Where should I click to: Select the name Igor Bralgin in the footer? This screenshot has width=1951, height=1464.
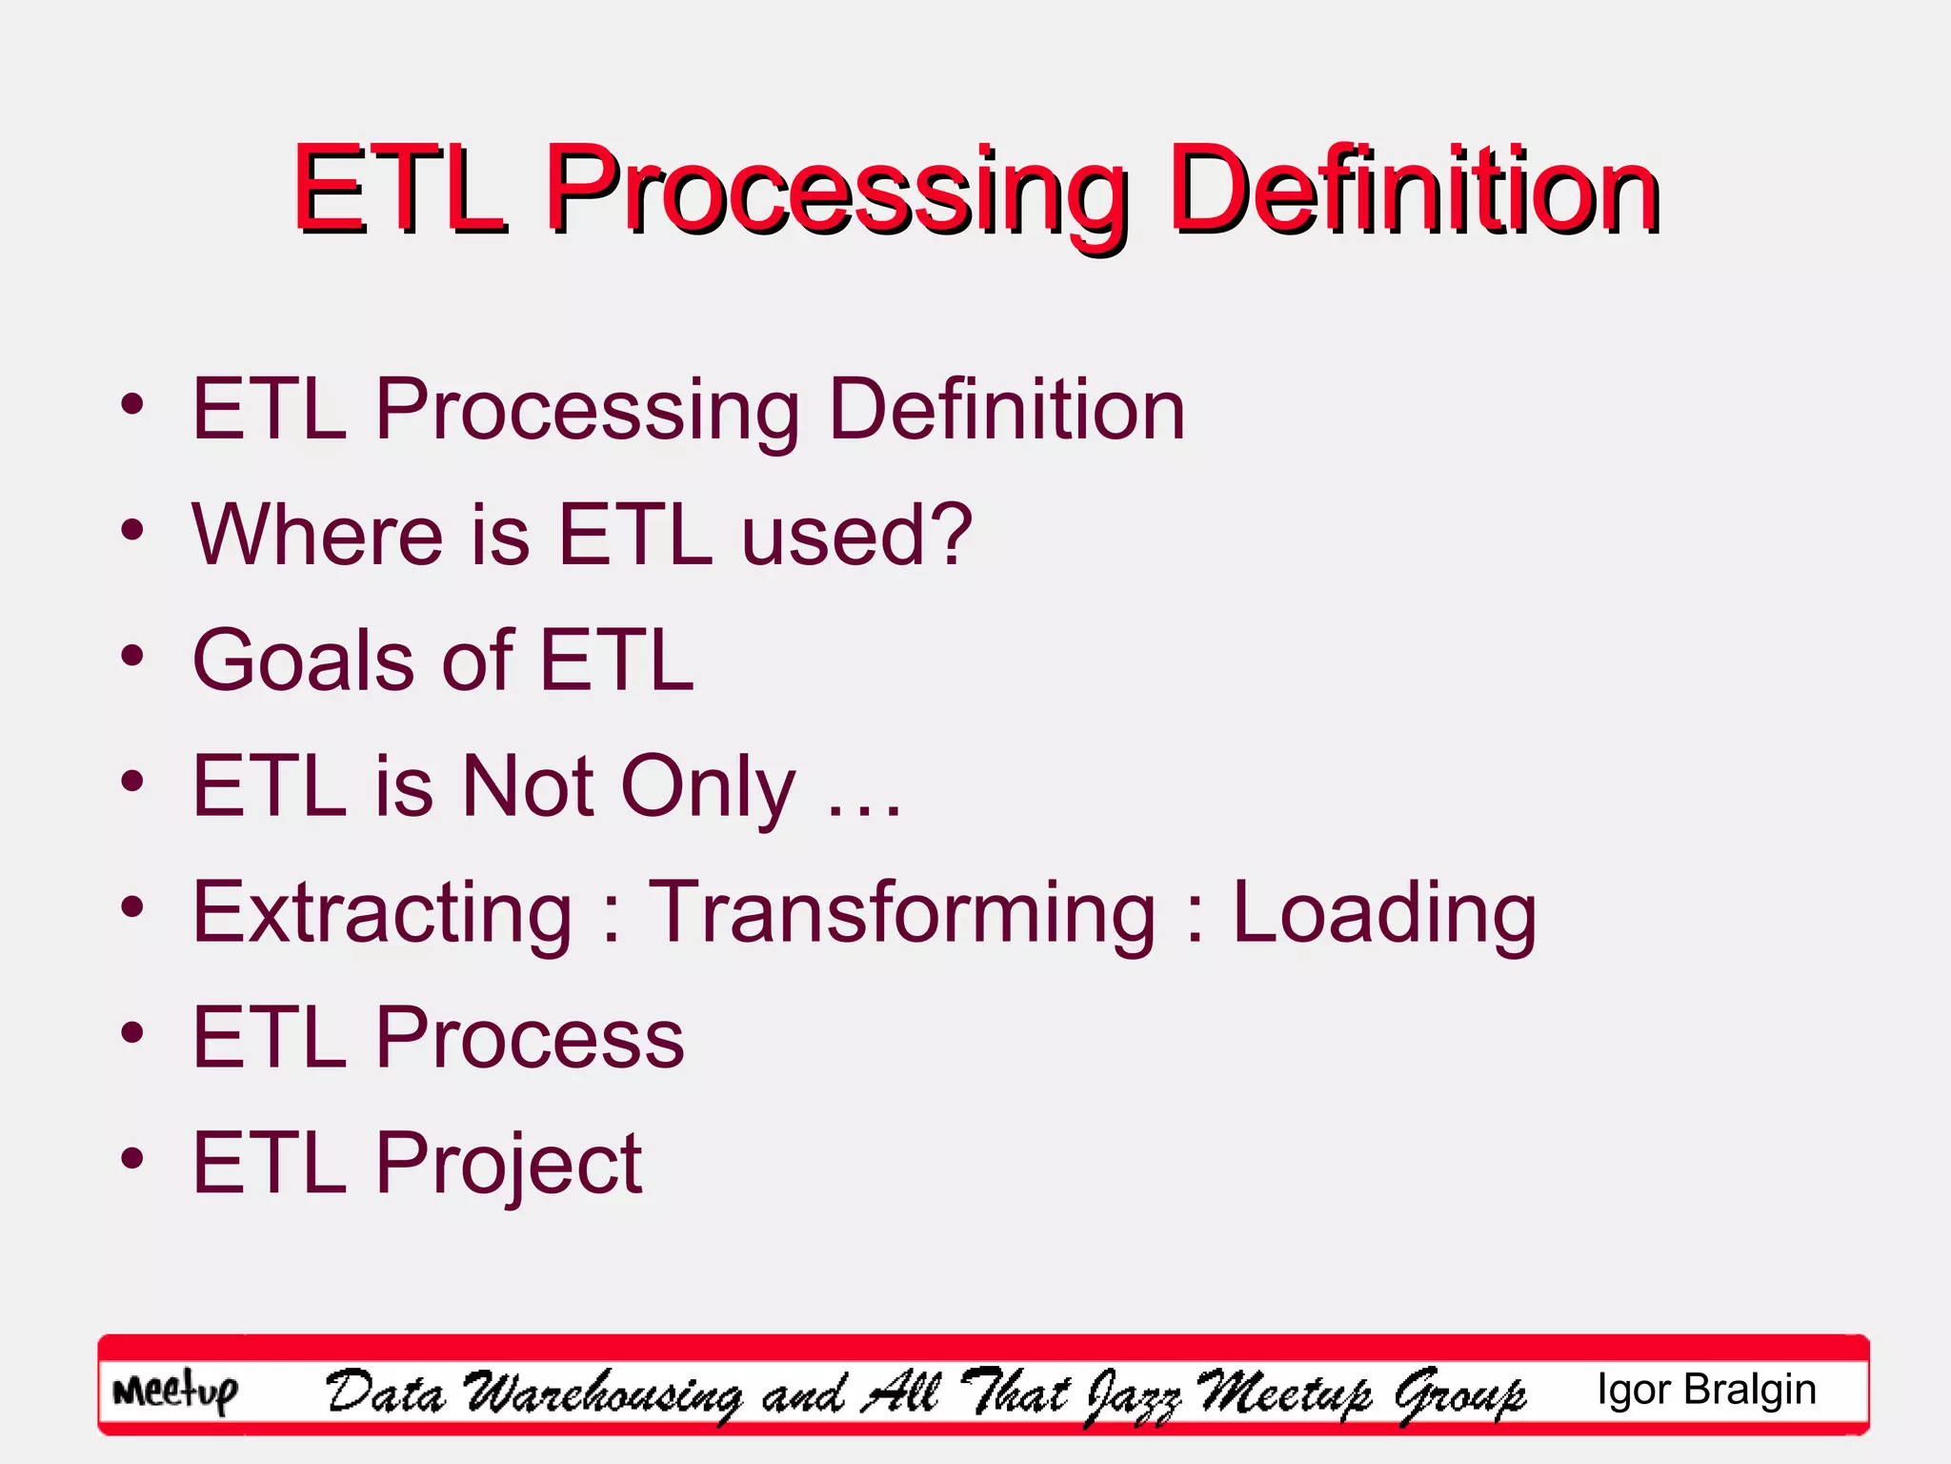[1706, 1390]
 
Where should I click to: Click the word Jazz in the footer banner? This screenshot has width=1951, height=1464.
[1133, 1395]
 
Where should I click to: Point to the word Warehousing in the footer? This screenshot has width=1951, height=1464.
[602, 1395]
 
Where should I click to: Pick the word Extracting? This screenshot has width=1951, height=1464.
[382, 912]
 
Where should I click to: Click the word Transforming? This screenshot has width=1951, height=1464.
[901, 912]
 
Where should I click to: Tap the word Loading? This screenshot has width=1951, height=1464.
[1384, 912]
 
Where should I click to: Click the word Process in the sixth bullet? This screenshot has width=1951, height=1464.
[530, 1037]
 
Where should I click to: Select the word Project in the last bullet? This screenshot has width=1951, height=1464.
[509, 1165]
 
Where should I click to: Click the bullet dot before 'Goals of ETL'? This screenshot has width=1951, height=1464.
[132, 656]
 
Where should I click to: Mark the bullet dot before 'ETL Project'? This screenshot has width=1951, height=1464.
[132, 1159]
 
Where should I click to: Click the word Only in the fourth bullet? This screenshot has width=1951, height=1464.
[708, 787]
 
